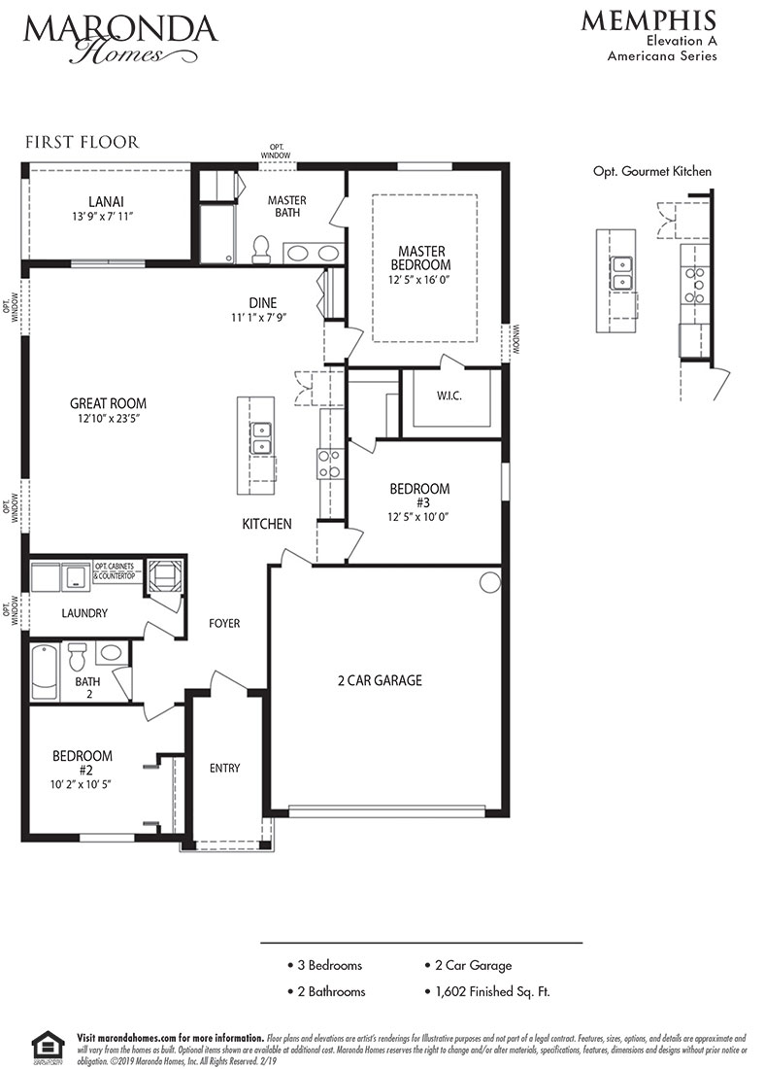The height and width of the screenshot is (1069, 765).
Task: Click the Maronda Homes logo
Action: [120, 37]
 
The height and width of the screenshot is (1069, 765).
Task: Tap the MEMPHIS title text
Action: [649, 20]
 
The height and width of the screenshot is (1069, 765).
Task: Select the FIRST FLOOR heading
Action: [82, 142]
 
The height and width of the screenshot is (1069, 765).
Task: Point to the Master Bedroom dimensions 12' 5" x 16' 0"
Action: [420, 279]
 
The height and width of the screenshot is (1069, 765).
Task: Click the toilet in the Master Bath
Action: [259, 250]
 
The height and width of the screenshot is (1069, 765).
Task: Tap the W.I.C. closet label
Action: [449, 396]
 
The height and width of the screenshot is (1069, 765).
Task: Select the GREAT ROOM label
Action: [108, 403]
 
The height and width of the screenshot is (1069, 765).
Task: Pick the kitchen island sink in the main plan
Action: [261, 438]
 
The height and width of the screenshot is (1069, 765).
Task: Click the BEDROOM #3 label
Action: [419, 496]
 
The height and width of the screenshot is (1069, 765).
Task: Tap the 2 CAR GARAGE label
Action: [380, 680]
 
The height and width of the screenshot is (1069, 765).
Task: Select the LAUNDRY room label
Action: [83, 613]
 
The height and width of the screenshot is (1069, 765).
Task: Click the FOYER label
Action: [223, 623]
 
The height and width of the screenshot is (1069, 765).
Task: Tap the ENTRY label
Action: [224, 768]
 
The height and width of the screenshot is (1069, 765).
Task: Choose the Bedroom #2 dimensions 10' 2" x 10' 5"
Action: [82, 784]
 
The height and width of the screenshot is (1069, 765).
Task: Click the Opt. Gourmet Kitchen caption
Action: [651, 171]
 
